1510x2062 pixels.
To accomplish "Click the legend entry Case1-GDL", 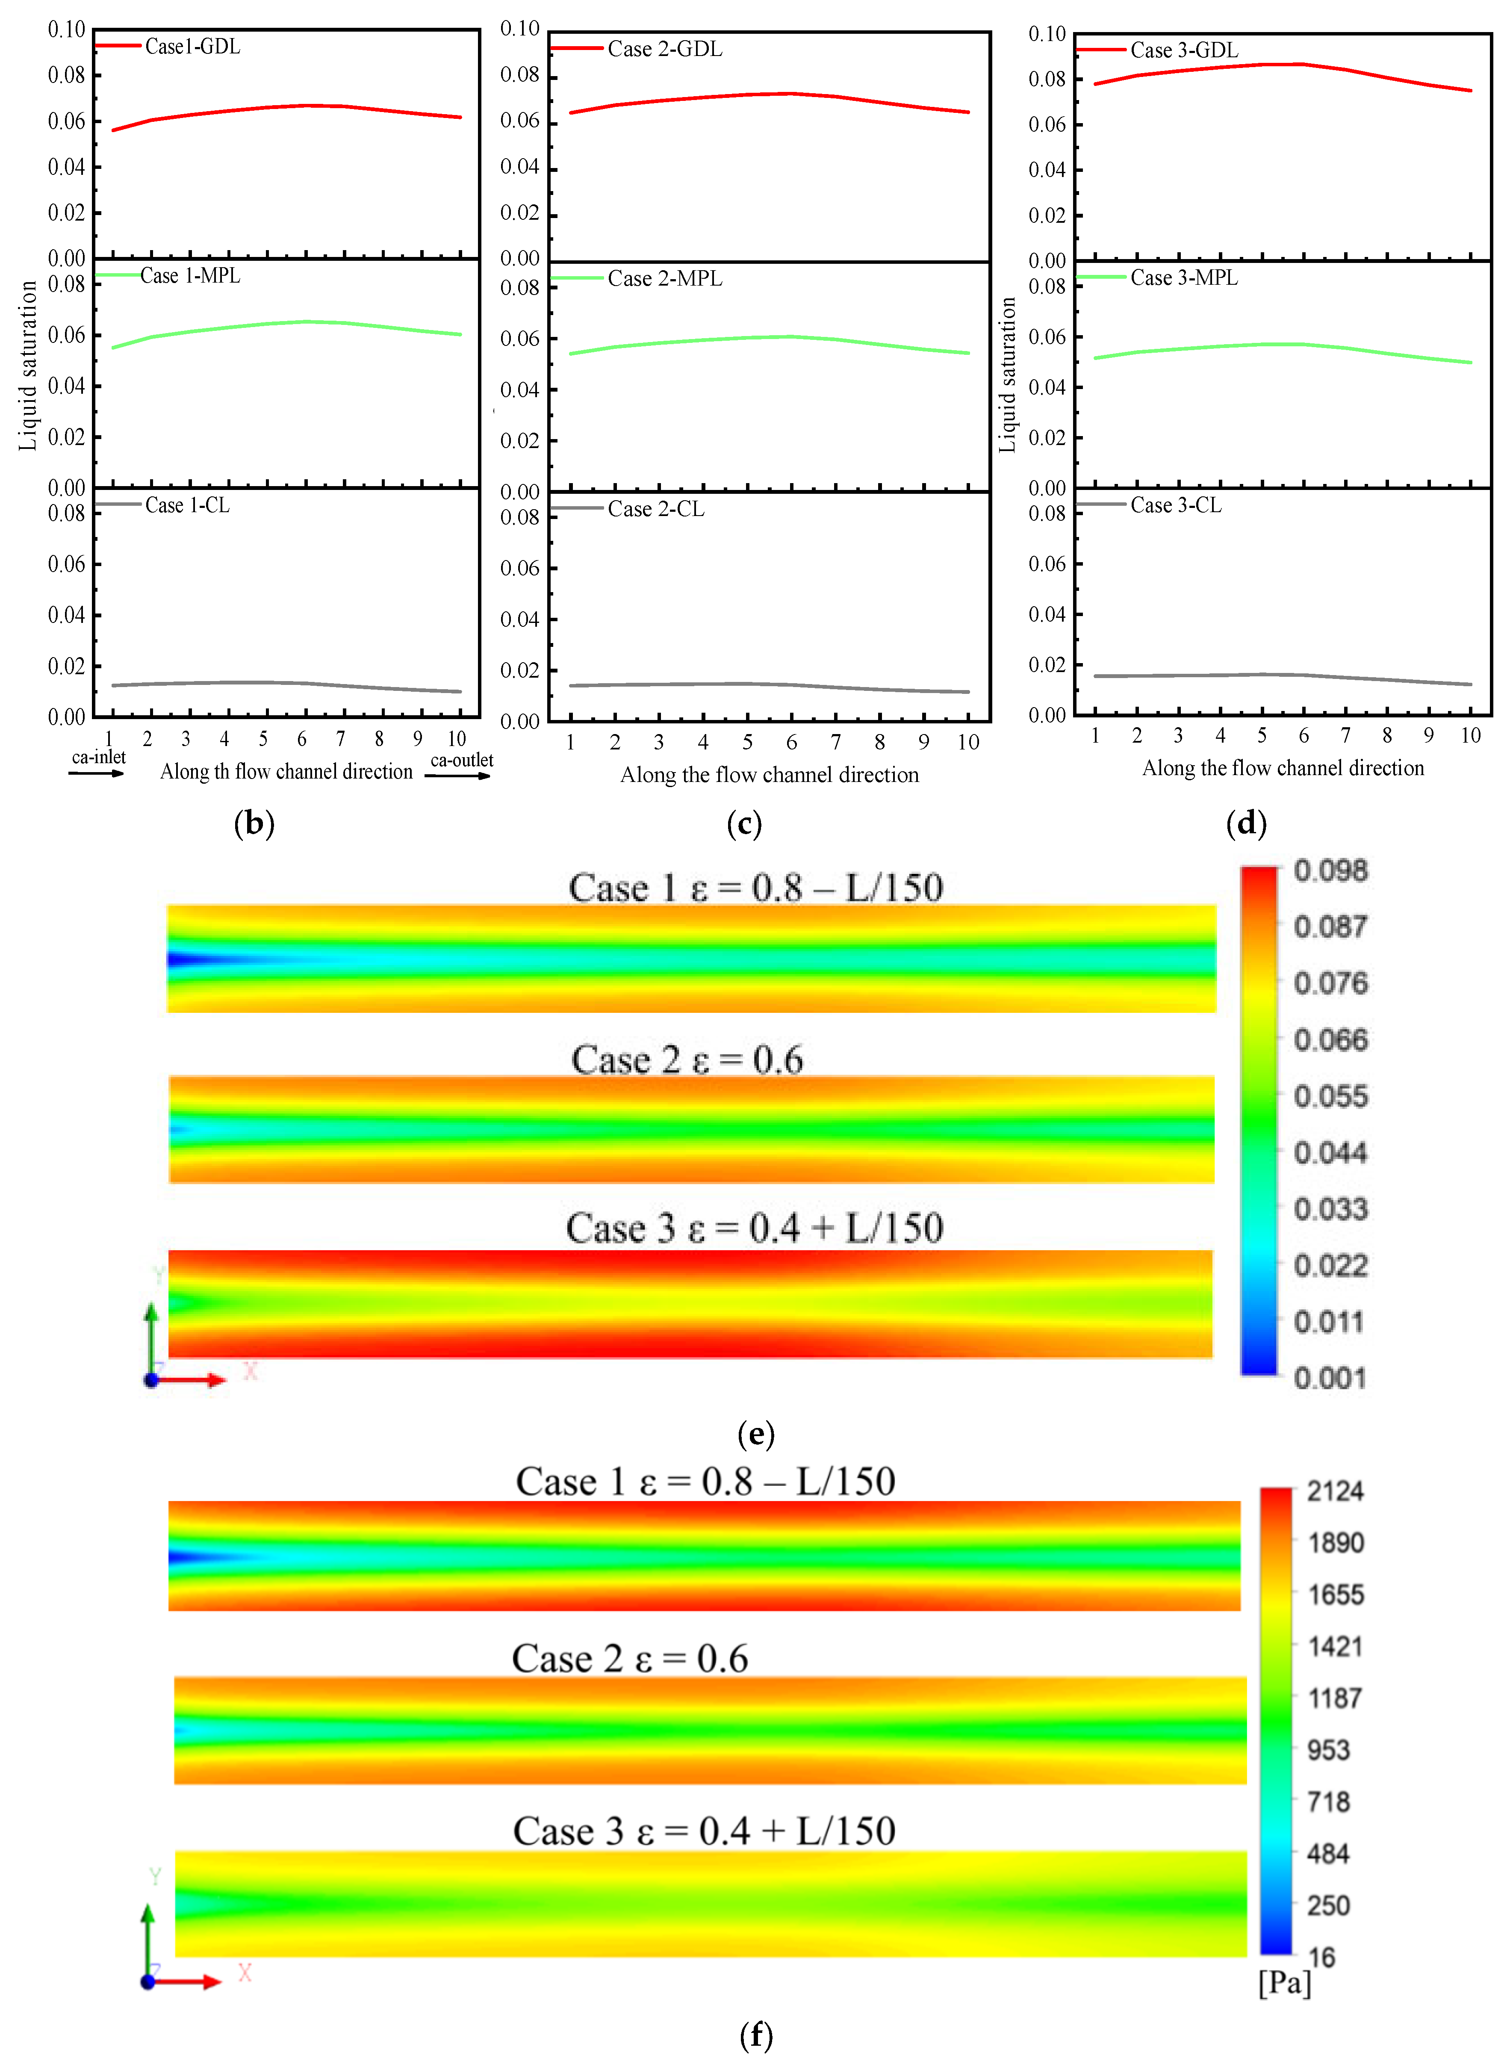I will point(192,47).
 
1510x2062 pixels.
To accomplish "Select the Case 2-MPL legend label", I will point(664,279).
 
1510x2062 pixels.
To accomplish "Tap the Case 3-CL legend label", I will point(1175,505).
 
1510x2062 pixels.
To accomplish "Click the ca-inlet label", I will point(99,757).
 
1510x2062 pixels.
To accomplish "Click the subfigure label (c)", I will point(744,823).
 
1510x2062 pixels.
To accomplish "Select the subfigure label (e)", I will point(756,1434).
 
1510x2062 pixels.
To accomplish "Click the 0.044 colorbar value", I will point(1331,1153).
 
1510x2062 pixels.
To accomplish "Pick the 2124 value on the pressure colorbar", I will point(1335,1492).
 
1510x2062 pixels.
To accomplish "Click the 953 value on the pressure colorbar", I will point(1328,1750).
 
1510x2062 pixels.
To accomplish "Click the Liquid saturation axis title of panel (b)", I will point(27,366).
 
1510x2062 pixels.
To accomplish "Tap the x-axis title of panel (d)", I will point(1283,768).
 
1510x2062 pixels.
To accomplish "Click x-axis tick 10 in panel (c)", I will point(968,742).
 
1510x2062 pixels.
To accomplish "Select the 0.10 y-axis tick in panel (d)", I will point(1047,35).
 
